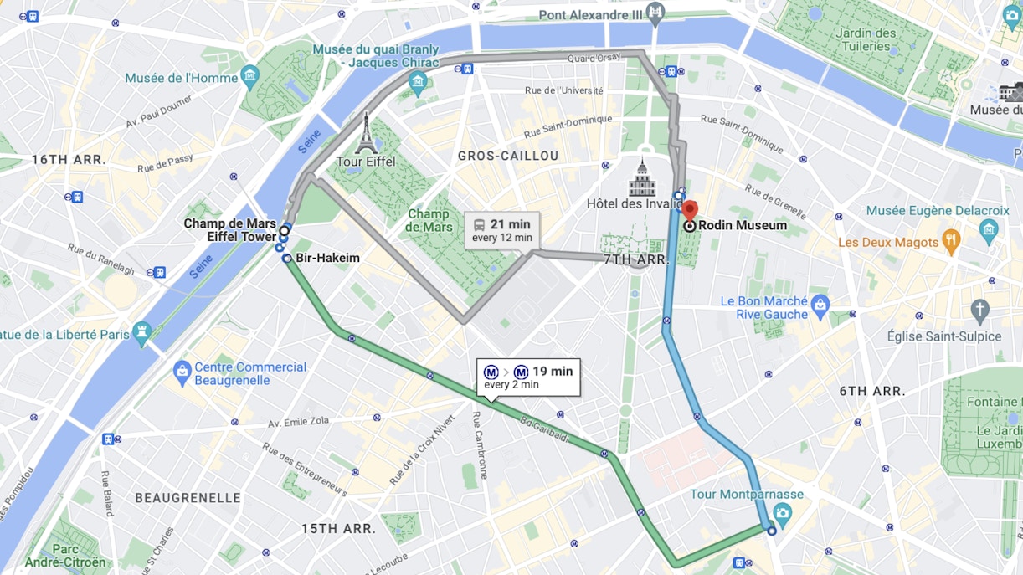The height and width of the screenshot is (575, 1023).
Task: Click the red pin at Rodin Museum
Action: [x=689, y=210]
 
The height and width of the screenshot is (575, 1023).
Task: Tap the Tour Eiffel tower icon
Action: [x=365, y=133]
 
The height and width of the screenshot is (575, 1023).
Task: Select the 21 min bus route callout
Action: [x=501, y=230]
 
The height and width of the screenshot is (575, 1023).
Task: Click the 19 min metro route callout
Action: [x=530, y=377]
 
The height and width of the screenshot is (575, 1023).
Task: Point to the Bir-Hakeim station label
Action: [x=327, y=258]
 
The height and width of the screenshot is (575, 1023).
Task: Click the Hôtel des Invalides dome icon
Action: [x=642, y=178]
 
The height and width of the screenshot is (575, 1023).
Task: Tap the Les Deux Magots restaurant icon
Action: [x=950, y=242]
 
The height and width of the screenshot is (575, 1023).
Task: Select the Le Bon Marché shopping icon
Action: [x=820, y=302]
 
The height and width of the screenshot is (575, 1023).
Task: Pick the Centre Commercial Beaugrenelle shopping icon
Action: [x=182, y=369]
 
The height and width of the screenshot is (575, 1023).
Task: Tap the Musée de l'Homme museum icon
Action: [x=249, y=77]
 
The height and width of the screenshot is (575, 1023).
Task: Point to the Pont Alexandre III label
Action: [x=590, y=14]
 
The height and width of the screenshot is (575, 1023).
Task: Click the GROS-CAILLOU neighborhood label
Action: [x=508, y=156]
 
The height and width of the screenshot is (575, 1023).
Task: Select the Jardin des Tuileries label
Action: [x=866, y=39]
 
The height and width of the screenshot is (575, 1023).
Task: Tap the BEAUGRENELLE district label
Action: [x=188, y=497]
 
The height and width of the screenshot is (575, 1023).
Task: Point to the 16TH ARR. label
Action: [x=68, y=159]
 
